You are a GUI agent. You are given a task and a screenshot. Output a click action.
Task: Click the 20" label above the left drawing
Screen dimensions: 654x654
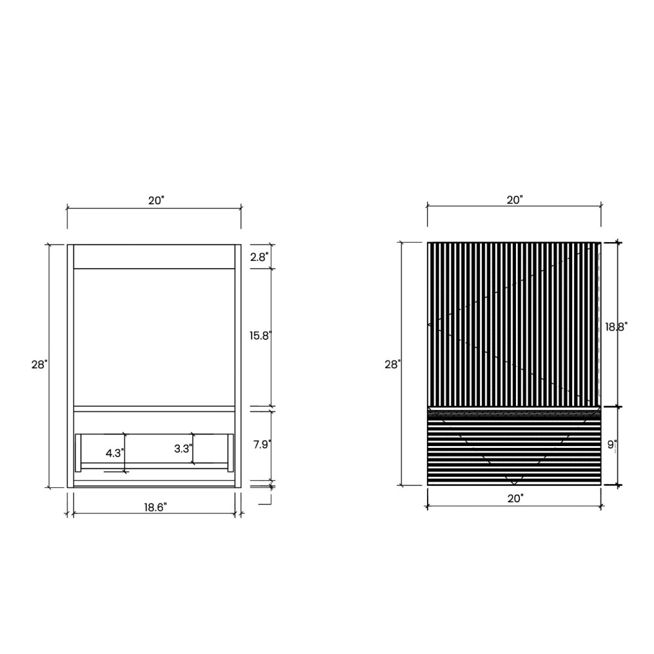pos(156,201)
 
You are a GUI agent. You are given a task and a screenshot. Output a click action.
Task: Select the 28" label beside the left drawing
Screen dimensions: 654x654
pos(40,364)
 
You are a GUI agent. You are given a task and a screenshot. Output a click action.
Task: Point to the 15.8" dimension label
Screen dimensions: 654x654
pos(261,336)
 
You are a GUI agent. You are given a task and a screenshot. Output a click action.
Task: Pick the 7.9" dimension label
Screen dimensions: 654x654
pos(262,445)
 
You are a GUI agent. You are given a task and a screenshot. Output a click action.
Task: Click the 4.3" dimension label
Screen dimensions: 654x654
pos(114,453)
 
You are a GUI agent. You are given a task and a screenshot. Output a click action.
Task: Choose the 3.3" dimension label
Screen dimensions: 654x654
pos(183,449)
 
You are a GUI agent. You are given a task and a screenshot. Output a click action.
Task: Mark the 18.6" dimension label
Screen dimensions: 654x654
pos(156,508)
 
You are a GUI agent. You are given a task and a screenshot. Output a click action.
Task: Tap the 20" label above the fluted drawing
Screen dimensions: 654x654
pos(515,200)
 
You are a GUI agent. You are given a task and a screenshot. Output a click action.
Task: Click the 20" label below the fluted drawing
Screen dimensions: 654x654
pos(515,498)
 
